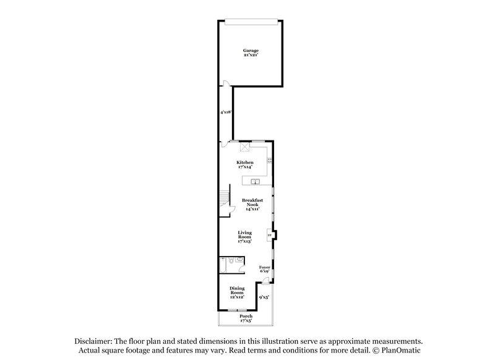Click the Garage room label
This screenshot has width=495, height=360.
[251, 51]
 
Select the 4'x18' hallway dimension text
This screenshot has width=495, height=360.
[225, 113]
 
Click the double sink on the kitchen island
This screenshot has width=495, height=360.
[255, 181]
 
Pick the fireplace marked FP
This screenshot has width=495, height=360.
[270, 235]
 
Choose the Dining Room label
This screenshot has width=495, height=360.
[237, 291]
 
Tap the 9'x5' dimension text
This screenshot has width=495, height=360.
[264, 297]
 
